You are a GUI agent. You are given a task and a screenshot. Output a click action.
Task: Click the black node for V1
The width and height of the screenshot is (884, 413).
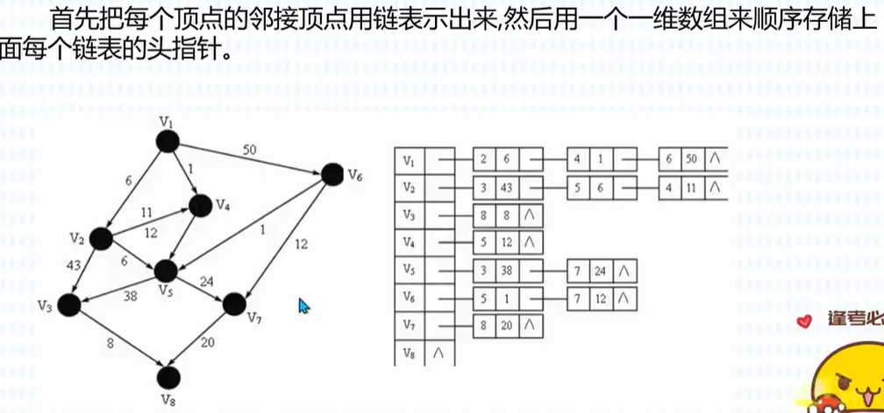(x=168, y=142)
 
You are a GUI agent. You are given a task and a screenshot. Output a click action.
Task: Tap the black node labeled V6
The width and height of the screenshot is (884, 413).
(x=331, y=174)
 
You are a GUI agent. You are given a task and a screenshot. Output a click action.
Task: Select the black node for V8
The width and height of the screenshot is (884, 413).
(x=168, y=377)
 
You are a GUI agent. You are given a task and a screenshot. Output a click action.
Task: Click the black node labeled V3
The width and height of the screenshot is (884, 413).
(x=68, y=304)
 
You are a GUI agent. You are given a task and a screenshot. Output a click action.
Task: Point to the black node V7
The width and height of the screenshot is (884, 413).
(x=233, y=304)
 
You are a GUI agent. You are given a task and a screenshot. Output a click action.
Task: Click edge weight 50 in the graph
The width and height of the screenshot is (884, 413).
(x=250, y=150)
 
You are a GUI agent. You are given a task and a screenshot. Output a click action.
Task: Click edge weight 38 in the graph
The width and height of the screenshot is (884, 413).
(x=130, y=296)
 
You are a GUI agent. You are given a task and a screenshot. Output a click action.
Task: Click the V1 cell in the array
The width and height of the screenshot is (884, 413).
(x=410, y=160)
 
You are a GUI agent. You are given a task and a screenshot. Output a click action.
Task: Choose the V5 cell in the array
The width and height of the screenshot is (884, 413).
(x=410, y=270)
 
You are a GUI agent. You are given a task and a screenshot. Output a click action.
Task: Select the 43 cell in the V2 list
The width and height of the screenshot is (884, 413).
(x=505, y=188)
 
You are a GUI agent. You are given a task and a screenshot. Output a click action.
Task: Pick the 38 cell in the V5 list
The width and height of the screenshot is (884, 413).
(x=505, y=271)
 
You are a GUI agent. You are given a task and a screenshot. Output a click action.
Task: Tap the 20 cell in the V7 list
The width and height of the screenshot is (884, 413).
(x=505, y=325)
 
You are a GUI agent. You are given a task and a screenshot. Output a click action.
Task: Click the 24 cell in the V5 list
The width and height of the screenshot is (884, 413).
(x=600, y=271)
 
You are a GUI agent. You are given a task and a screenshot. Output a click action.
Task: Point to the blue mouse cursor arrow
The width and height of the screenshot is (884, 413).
(x=303, y=306)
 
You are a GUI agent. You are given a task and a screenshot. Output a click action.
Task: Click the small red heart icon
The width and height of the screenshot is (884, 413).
(x=806, y=322)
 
